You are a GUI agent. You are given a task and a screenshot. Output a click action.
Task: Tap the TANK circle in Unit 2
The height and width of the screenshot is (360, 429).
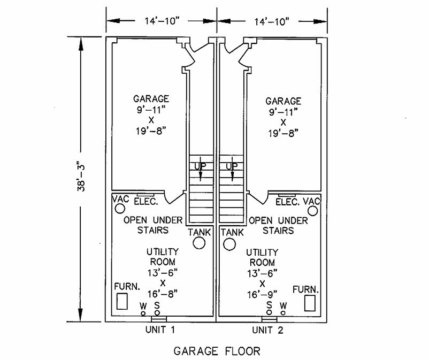tap(229, 244)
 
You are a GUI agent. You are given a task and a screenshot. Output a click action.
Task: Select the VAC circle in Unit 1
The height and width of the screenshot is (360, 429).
tap(119, 209)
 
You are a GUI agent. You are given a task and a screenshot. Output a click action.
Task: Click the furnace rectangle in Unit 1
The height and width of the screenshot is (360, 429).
tap(122, 301)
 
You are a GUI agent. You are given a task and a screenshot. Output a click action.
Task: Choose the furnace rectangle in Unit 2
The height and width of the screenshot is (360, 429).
tap(309, 303)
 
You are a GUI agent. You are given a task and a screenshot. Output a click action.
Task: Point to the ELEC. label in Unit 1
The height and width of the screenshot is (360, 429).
tap(145, 202)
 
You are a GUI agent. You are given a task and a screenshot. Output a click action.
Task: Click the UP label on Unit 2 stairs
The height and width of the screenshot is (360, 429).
tap(231, 166)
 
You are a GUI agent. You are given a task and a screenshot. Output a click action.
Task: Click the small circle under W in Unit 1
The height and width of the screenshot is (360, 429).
tap(143, 312)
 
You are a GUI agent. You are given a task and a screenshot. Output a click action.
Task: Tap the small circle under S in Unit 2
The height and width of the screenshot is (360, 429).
tap(270, 312)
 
